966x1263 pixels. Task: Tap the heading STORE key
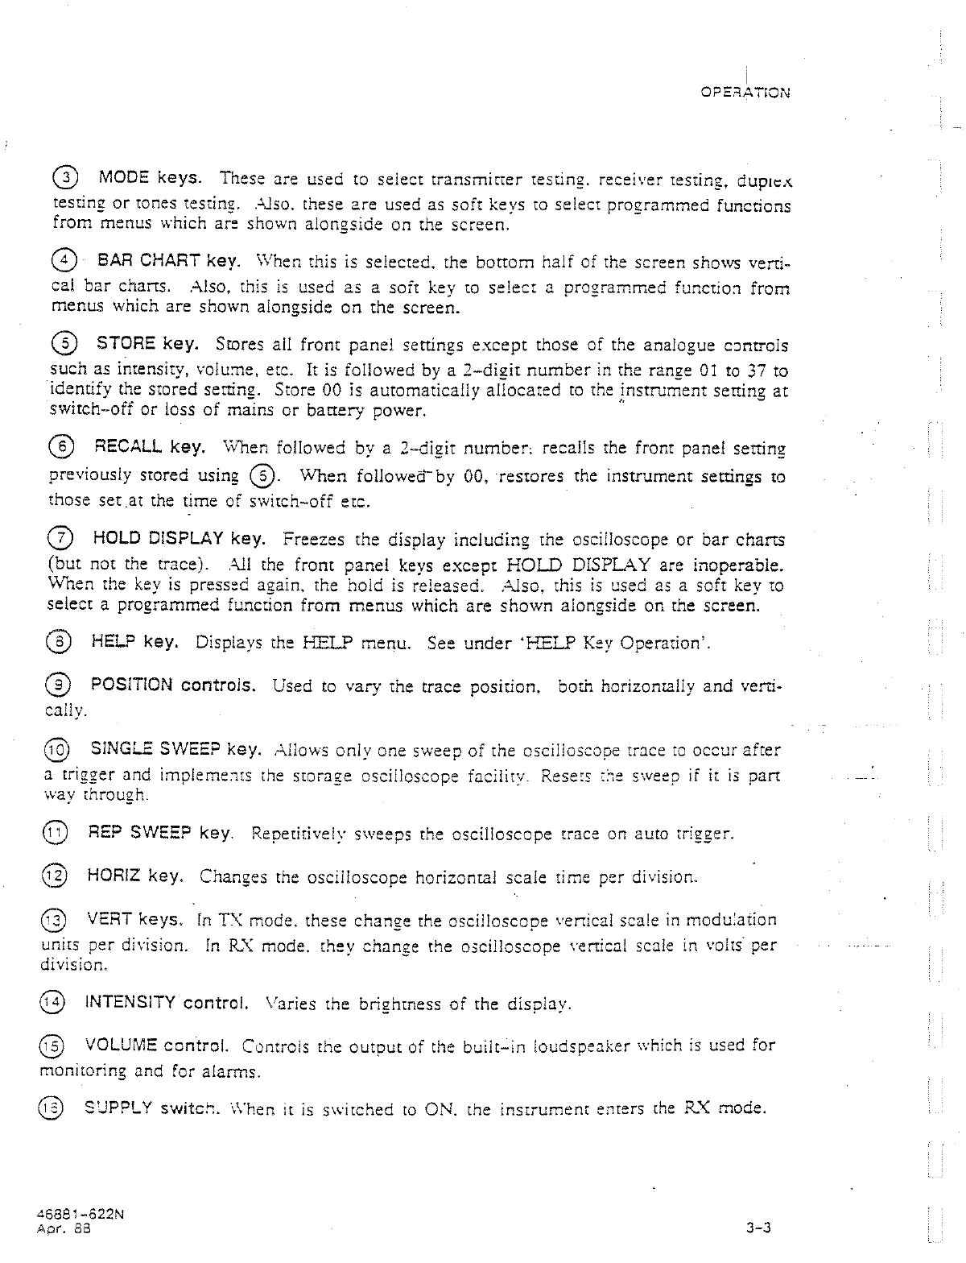[x=148, y=345]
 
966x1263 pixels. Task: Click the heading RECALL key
[x=149, y=446]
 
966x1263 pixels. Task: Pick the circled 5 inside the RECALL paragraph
[x=259, y=475]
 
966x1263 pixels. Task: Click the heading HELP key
[x=134, y=642]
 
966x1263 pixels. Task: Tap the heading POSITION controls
[x=174, y=685]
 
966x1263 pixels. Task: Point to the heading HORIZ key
[x=137, y=876]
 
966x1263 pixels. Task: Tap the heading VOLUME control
[x=159, y=1046]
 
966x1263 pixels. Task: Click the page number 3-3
[x=759, y=1228]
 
